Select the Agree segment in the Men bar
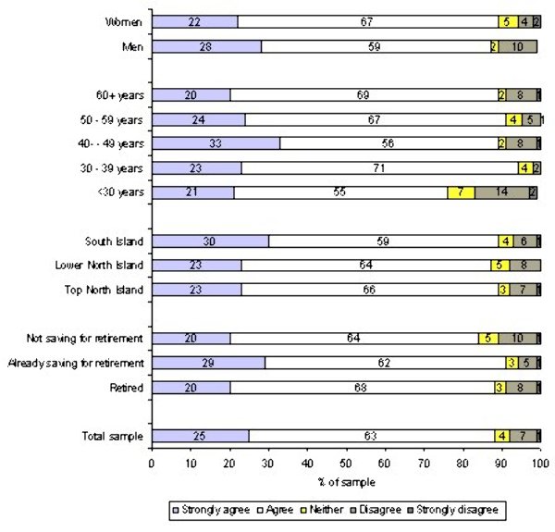click(375, 45)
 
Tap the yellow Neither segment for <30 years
click(461, 192)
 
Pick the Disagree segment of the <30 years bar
click(501, 192)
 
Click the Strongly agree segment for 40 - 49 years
click(216, 143)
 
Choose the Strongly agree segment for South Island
click(209, 241)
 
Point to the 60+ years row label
click(121, 94)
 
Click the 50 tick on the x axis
click(345, 464)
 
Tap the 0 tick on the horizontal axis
click(152, 464)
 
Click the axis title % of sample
click(345, 481)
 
